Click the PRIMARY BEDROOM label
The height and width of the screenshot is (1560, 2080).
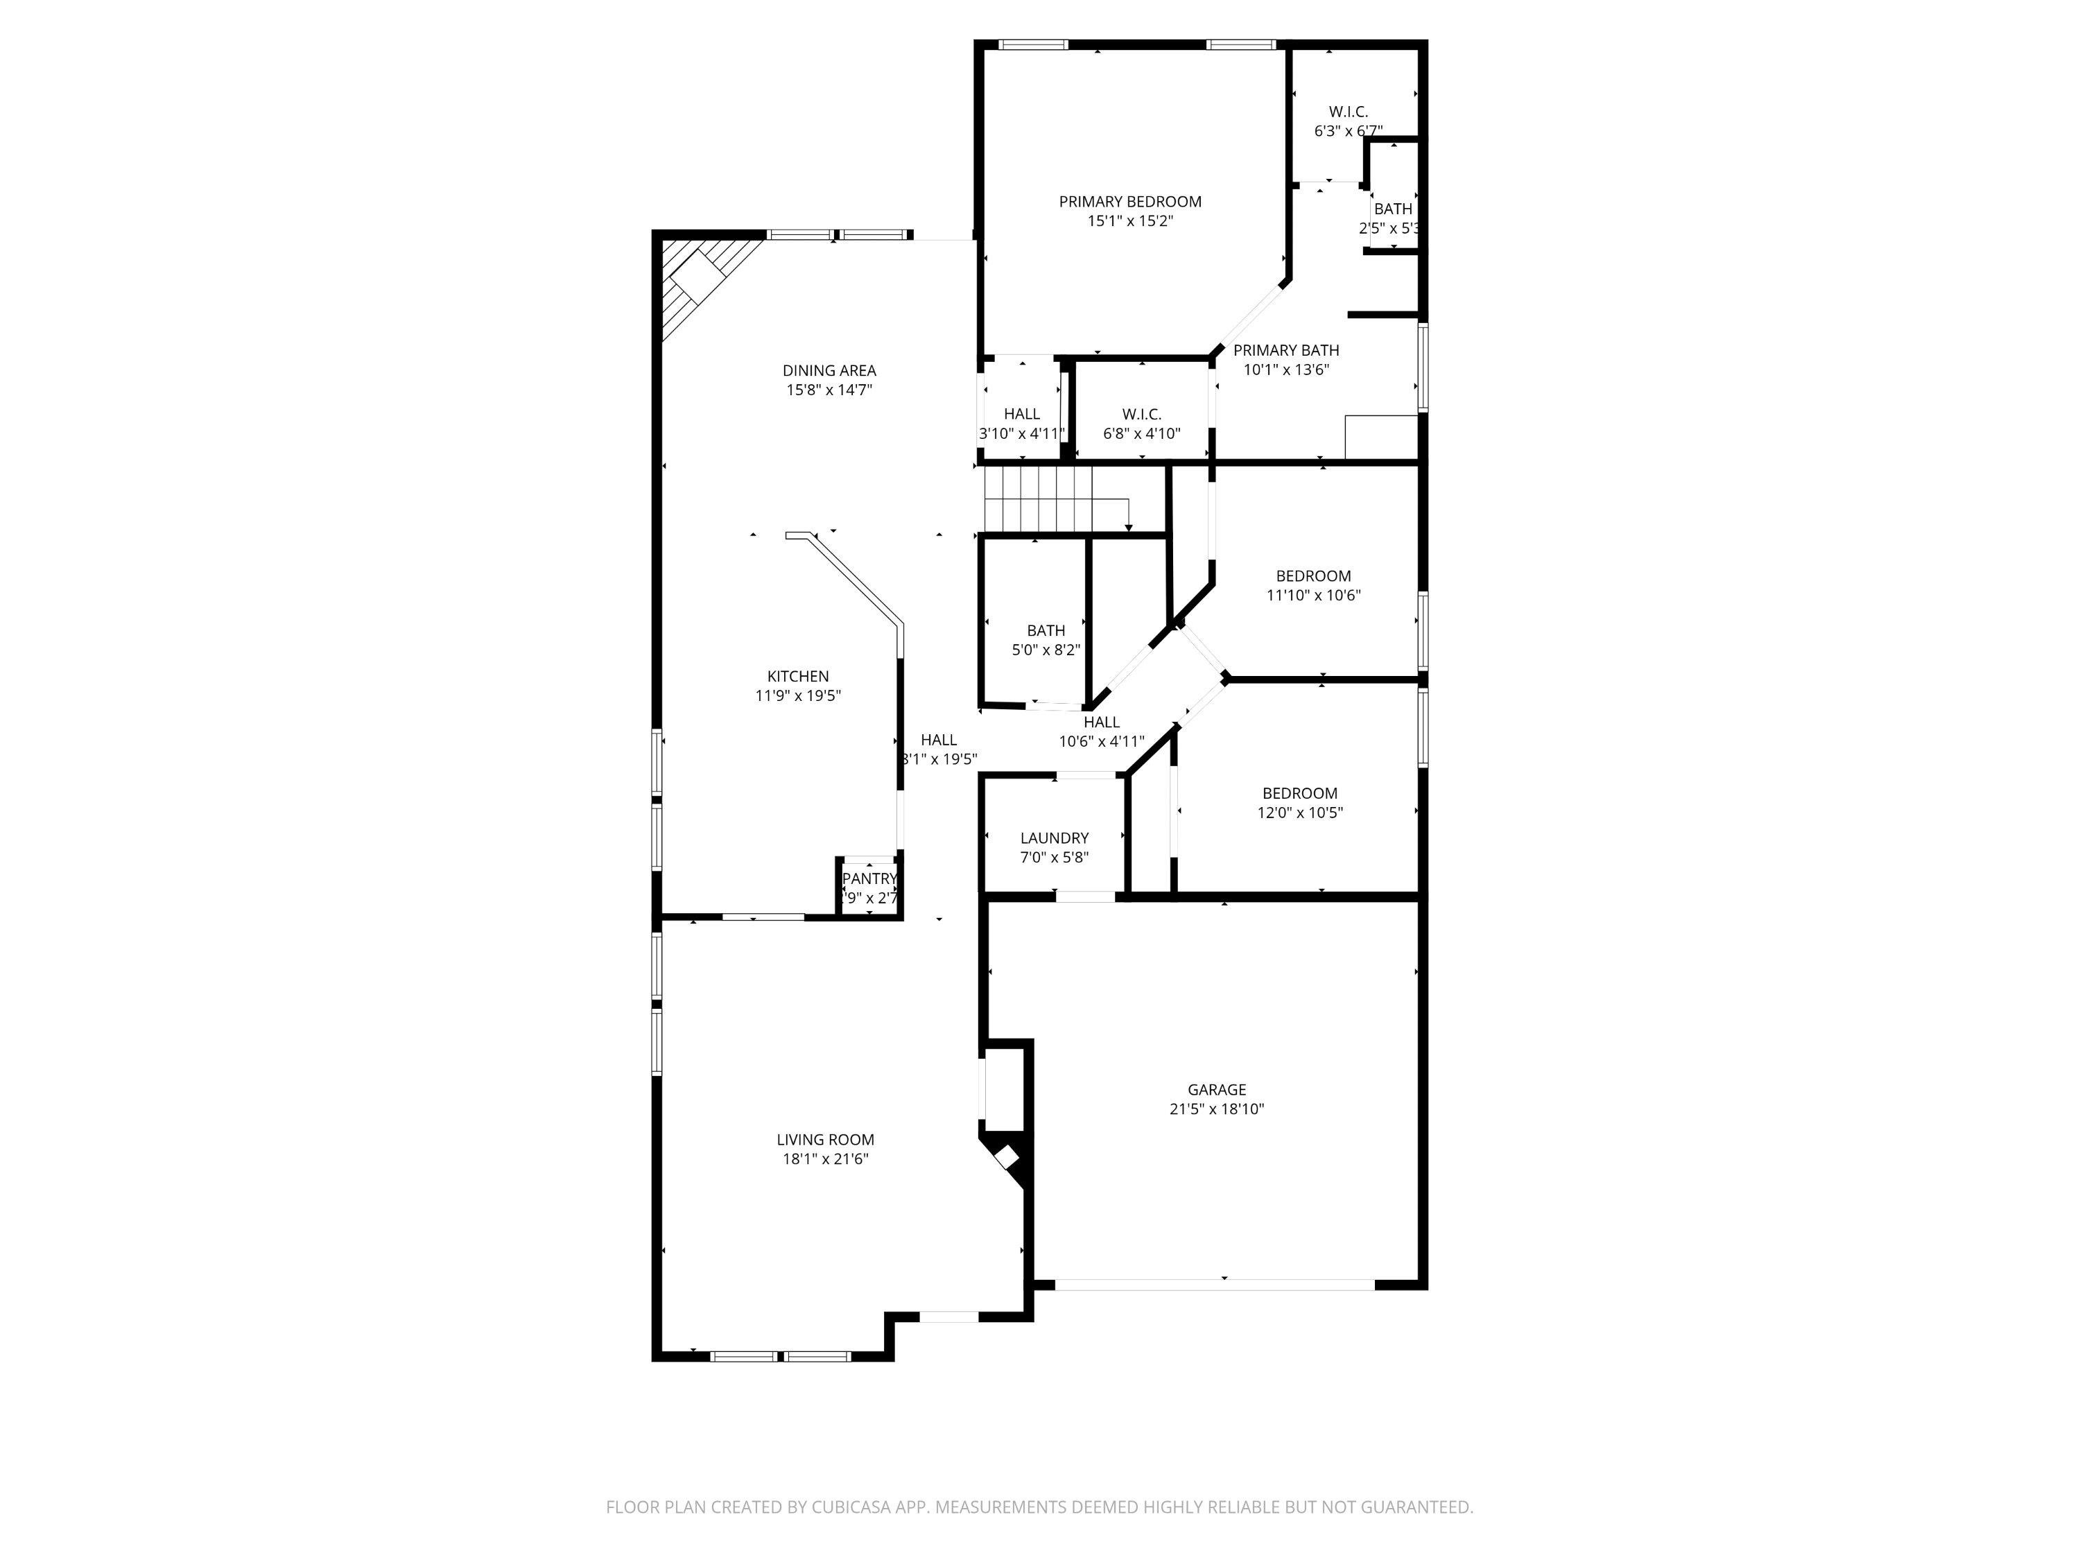click(x=1129, y=201)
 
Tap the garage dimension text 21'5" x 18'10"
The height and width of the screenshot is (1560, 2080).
click(x=1216, y=1109)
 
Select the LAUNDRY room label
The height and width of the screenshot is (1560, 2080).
click(x=1054, y=838)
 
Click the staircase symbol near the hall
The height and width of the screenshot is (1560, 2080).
click(x=1053, y=501)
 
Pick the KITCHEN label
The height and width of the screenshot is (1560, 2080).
click(x=797, y=676)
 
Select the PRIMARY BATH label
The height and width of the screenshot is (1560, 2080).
click(x=1285, y=350)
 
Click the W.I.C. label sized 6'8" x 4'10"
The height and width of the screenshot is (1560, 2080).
click(x=1141, y=414)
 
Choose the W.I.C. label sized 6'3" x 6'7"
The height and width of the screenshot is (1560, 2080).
click(x=1347, y=112)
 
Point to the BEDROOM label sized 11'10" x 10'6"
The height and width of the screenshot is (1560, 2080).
click(x=1312, y=575)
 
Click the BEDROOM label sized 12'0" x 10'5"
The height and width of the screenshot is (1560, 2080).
click(x=1299, y=792)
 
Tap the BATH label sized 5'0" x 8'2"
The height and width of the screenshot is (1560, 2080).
click(x=1046, y=630)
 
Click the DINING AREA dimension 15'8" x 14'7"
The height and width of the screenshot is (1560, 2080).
click(x=829, y=389)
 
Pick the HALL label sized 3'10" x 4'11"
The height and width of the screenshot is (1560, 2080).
click(x=1021, y=414)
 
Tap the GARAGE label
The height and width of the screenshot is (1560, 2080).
click(x=1216, y=1089)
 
